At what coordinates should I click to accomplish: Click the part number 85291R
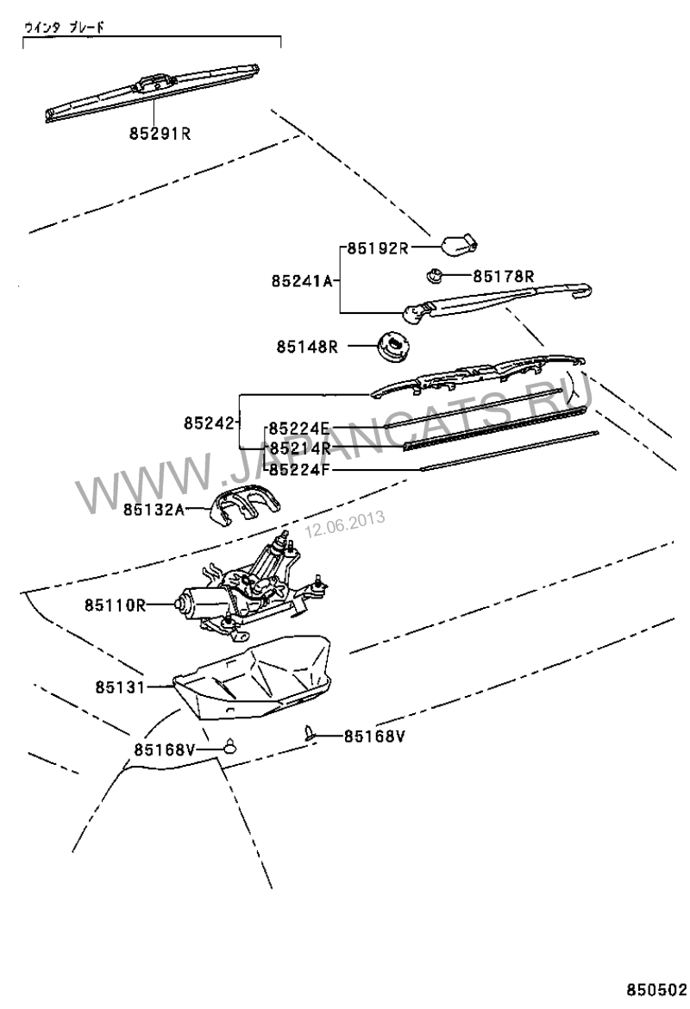click(160, 134)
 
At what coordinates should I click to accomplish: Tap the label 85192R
click(378, 248)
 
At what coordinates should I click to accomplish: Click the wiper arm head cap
click(460, 245)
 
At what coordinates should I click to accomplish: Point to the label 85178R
click(504, 277)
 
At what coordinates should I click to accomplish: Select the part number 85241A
click(302, 281)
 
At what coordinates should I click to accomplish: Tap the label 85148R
click(307, 347)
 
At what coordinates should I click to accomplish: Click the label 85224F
click(299, 470)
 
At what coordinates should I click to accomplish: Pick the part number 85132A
click(154, 510)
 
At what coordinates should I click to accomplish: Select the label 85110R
click(116, 605)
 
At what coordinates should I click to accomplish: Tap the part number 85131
click(121, 687)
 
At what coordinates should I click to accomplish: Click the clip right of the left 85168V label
click(229, 746)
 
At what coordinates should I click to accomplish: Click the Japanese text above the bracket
click(65, 27)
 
